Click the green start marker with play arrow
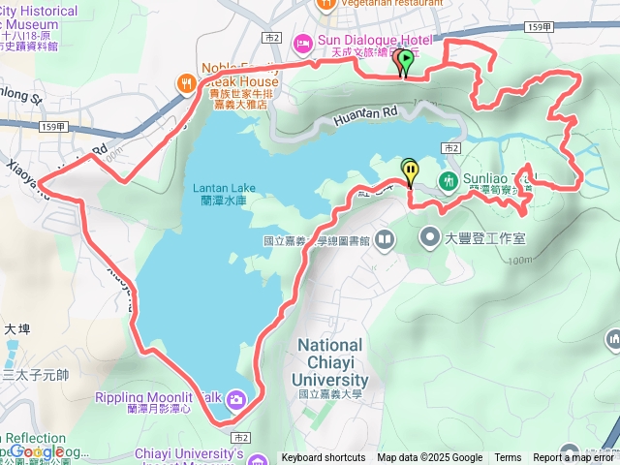coord(406,61)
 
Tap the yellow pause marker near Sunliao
coord(411,171)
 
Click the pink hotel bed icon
coord(303,41)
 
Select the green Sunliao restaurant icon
coord(448,180)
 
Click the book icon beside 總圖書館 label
coord(385,238)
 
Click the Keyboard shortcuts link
coord(324,458)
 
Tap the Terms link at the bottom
coord(508,458)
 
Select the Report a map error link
coord(575,458)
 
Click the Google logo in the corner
coord(36,450)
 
